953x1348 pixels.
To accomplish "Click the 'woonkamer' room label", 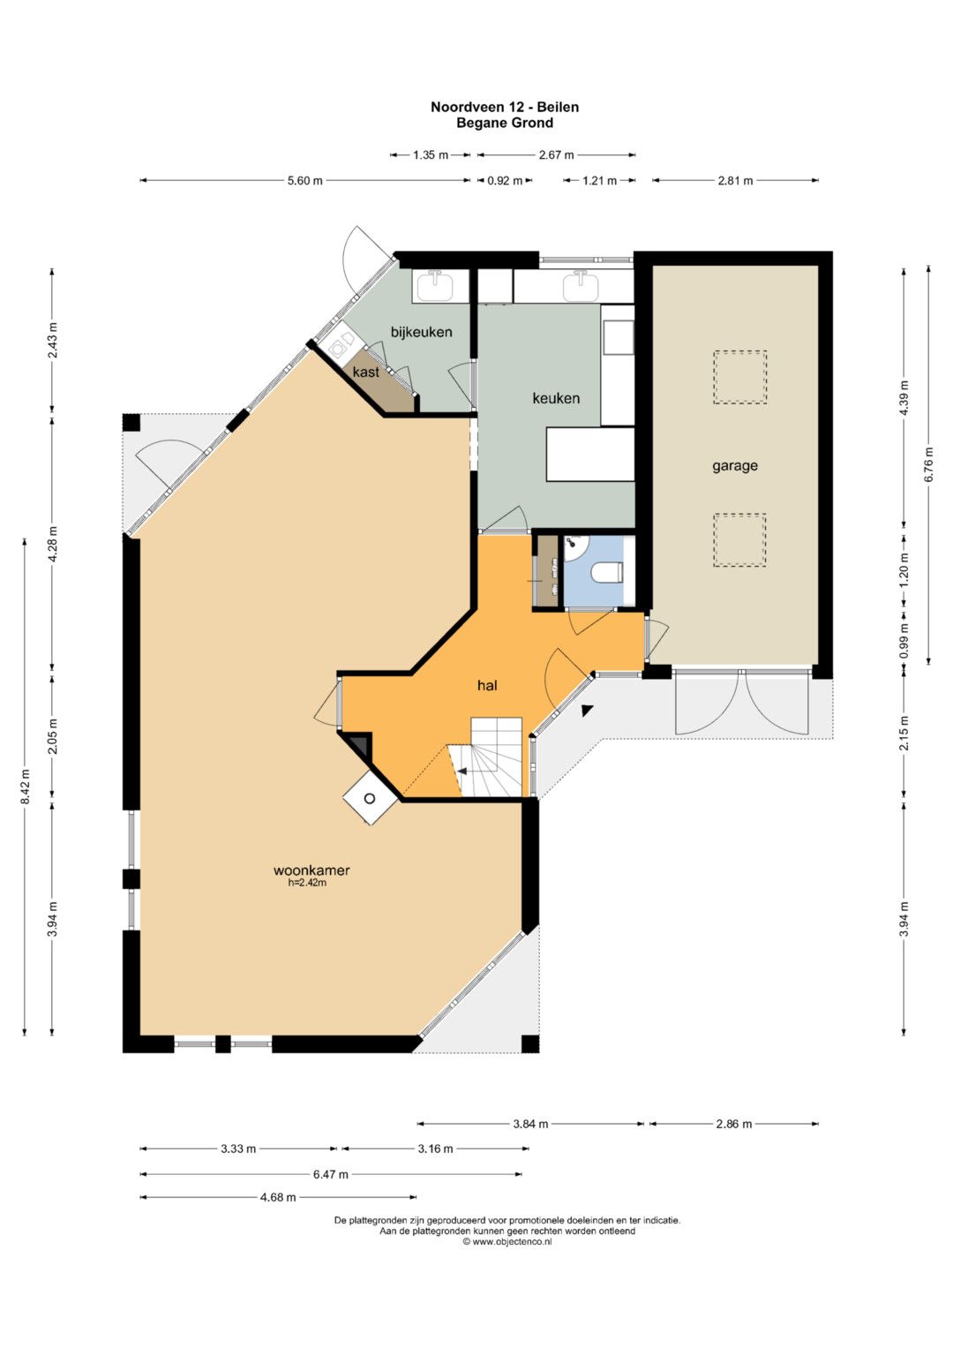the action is pyautogui.click(x=311, y=870).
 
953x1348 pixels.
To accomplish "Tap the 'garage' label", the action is pyautogui.click(x=734, y=466).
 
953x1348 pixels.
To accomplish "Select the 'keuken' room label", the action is pyautogui.click(x=556, y=398).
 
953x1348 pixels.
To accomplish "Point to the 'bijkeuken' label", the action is pyautogui.click(x=421, y=332).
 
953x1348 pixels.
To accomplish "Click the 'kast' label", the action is pyautogui.click(x=366, y=372).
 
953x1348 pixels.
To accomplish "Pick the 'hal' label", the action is pyautogui.click(x=487, y=685).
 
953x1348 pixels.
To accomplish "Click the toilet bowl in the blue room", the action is pyautogui.click(x=606, y=572).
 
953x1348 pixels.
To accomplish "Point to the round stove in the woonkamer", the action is pyautogui.click(x=370, y=799).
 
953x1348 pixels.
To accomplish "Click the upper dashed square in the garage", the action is pyautogui.click(x=740, y=377).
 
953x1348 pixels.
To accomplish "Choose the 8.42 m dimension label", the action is pyautogui.click(x=25, y=787).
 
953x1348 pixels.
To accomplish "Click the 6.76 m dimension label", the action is pyautogui.click(x=929, y=464).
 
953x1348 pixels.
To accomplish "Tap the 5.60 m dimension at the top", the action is pyautogui.click(x=305, y=180).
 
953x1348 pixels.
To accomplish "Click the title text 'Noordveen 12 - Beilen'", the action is pyautogui.click(x=505, y=107).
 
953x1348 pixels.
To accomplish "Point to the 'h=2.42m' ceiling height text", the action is pyautogui.click(x=307, y=883).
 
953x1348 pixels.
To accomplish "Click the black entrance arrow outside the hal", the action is pyautogui.click(x=587, y=711).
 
